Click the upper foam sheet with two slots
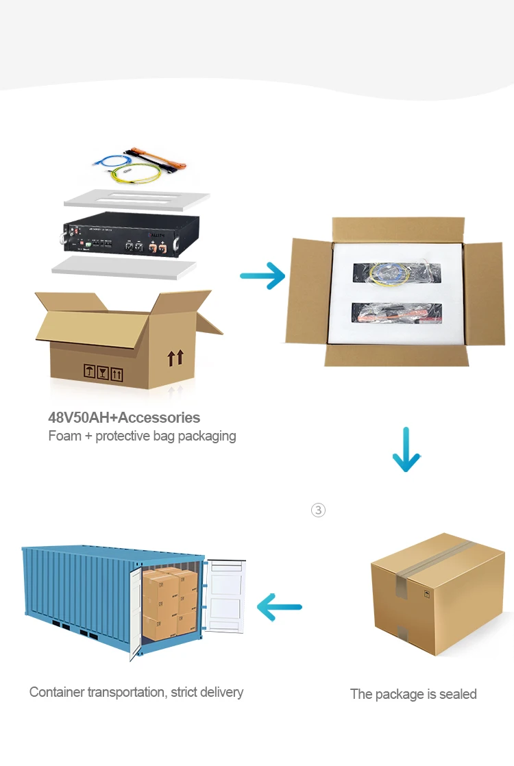(136, 199)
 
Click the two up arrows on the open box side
(175, 357)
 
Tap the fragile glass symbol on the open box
(103, 373)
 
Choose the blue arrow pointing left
(279, 606)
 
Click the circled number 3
(318, 510)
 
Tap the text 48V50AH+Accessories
(124, 417)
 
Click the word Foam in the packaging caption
(64, 436)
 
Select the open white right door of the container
(225, 595)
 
